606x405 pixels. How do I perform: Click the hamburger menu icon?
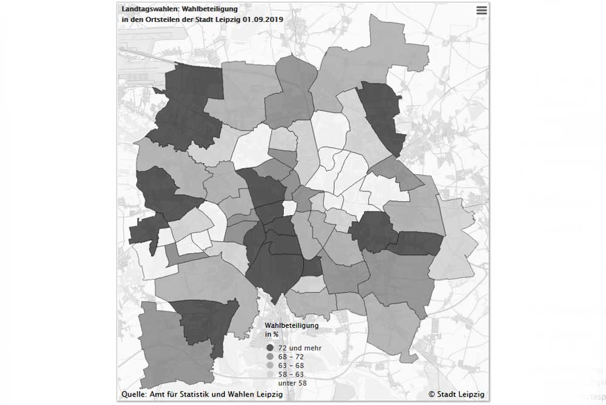[x=482, y=10]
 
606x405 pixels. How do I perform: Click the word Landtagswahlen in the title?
[x=146, y=9]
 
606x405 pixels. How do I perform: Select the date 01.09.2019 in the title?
[x=264, y=19]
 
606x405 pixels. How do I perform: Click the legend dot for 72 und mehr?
[x=270, y=348]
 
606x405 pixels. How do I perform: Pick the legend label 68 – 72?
[x=291, y=357]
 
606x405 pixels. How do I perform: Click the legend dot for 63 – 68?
[x=270, y=366]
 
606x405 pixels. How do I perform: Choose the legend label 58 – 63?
[x=291, y=375]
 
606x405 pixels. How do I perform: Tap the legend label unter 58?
[x=292, y=384]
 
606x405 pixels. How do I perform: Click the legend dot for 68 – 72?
[x=270, y=357]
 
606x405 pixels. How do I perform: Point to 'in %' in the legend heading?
[x=272, y=334]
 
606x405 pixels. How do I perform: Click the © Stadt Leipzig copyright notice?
[x=456, y=394]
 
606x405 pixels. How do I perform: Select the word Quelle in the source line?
[x=133, y=394]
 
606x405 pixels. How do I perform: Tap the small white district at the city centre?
[x=290, y=208]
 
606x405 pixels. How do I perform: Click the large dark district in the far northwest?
[x=188, y=106]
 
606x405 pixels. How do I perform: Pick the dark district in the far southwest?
[x=206, y=325]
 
